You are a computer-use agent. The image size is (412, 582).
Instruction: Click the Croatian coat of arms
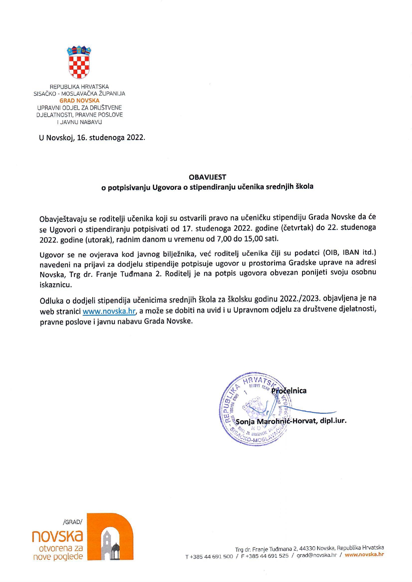click(79, 62)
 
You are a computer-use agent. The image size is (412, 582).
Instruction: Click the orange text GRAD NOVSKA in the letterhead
click(79, 100)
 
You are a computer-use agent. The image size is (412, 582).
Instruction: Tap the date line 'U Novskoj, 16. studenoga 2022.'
click(92, 138)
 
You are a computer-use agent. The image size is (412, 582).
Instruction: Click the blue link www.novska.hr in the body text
click(109, 311)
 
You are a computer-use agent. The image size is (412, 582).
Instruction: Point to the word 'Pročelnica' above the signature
click(289, 391)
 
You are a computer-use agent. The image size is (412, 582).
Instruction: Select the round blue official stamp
click(255, 409)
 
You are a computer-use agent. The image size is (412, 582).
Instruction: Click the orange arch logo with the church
click(110, 537)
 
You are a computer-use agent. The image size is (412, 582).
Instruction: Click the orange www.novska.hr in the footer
click(364, 554)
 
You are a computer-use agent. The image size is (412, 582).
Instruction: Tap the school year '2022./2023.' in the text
click(300, 298)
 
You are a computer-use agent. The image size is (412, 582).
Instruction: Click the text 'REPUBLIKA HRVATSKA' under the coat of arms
click(79, 87)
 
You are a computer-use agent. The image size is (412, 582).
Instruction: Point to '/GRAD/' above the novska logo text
click(72, 522)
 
